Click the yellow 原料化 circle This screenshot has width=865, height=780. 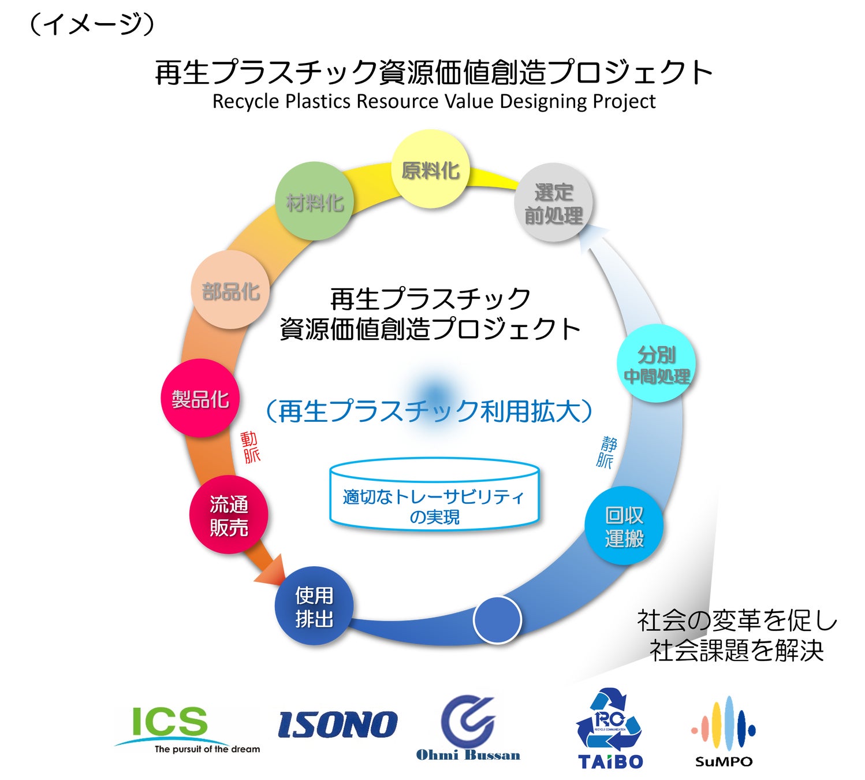pos(431,169)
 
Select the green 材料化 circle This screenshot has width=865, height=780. pos(315,202)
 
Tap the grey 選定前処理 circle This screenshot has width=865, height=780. pos(553,203)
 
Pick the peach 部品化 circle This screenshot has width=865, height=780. pos(230,290)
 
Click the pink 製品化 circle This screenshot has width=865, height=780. pos(200,398)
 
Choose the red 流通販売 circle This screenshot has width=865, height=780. pos(229,515)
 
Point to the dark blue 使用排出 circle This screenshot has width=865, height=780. pos(314,607)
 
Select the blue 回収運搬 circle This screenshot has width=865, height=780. pos(624,526)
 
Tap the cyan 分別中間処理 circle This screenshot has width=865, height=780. pos(657,364)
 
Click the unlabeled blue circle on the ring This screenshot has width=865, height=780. pos(497,620)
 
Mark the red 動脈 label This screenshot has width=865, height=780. pos(251,447)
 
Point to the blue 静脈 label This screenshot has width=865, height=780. pos(606,452)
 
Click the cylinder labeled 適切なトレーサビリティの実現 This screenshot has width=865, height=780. pos(434,495)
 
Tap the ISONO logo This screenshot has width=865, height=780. pos(338,725)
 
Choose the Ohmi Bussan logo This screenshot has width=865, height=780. pos(468,728)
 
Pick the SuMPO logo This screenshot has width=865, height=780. pos(724,731)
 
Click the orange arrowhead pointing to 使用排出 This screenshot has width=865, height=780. pos(272,571)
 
